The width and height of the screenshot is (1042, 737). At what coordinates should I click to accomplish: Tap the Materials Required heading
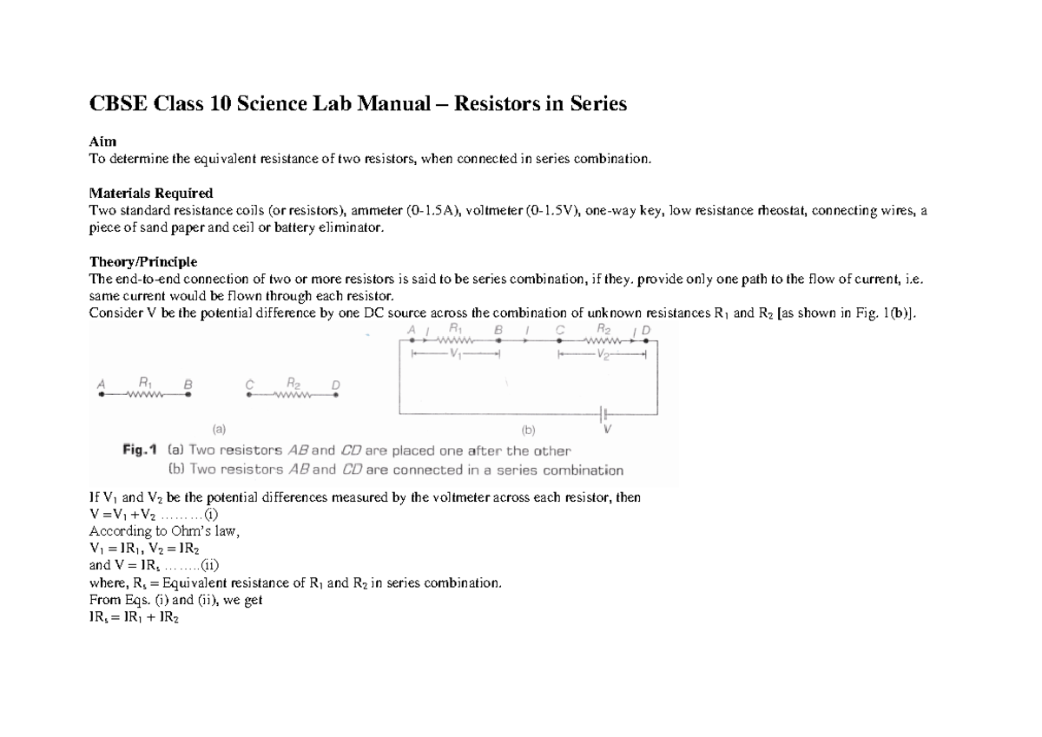pos(151,193)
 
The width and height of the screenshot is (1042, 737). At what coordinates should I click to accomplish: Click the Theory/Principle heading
pos(143,261)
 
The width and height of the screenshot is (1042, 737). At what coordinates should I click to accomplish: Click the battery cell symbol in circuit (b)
pos(605,413)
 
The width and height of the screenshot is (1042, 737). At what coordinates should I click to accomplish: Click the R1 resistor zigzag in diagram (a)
pos(145,395)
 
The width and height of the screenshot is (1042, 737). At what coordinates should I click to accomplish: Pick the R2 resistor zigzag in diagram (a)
pos(292,395)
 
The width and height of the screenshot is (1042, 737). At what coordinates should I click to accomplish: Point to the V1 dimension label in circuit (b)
pos(456,354)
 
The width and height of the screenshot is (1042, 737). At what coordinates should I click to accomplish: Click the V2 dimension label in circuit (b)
pos(603,354)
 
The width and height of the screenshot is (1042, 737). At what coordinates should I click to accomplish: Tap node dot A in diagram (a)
pos(102,395)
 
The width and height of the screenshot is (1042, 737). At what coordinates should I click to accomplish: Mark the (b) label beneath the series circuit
pos(529,429)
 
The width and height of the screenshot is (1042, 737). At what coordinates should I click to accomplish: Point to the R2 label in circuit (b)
pos(605,329)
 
